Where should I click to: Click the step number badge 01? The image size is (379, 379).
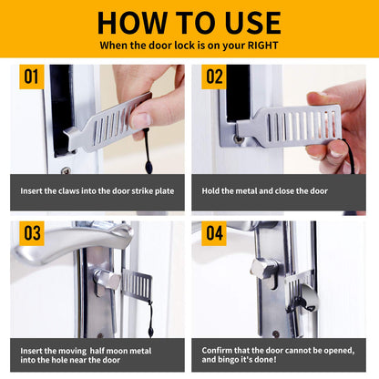32,77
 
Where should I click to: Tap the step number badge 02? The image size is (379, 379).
213,77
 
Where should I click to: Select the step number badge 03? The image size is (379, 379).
32,234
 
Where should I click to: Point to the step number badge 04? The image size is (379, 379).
213,234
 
